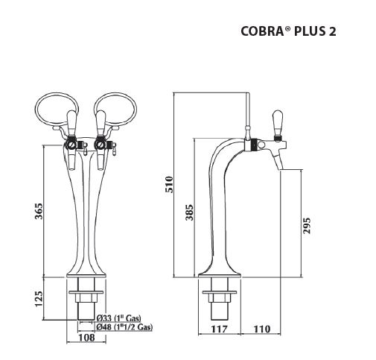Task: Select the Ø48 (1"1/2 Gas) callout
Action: tap(124, 326)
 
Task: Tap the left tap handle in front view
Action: tap(73, 119)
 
